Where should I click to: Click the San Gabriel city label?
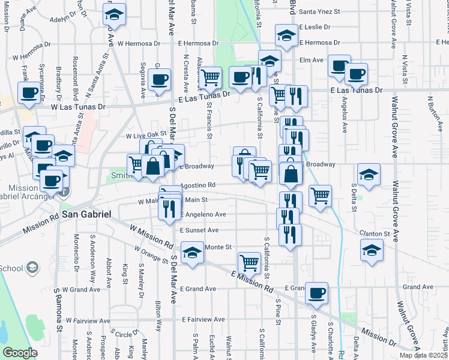pyautogui.click(x=86, y=214)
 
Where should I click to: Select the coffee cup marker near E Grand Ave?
pyautogui.click(x=316, y=293)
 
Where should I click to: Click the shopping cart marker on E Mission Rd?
pyautogui.click(x=249, y=262)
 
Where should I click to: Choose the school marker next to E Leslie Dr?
pyautogui.click(x=287, y=35)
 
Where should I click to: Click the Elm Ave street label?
pyautogui.click(x=312, y=60)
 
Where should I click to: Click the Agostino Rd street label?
pyautogui.click(x=197, y=185)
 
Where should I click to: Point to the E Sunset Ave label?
pyautogui.click(x=199, y=230)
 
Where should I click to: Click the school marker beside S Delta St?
pyautogui.click(x=369, y=176)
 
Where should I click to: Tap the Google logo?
pyautogui.click(x=20, y=353)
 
